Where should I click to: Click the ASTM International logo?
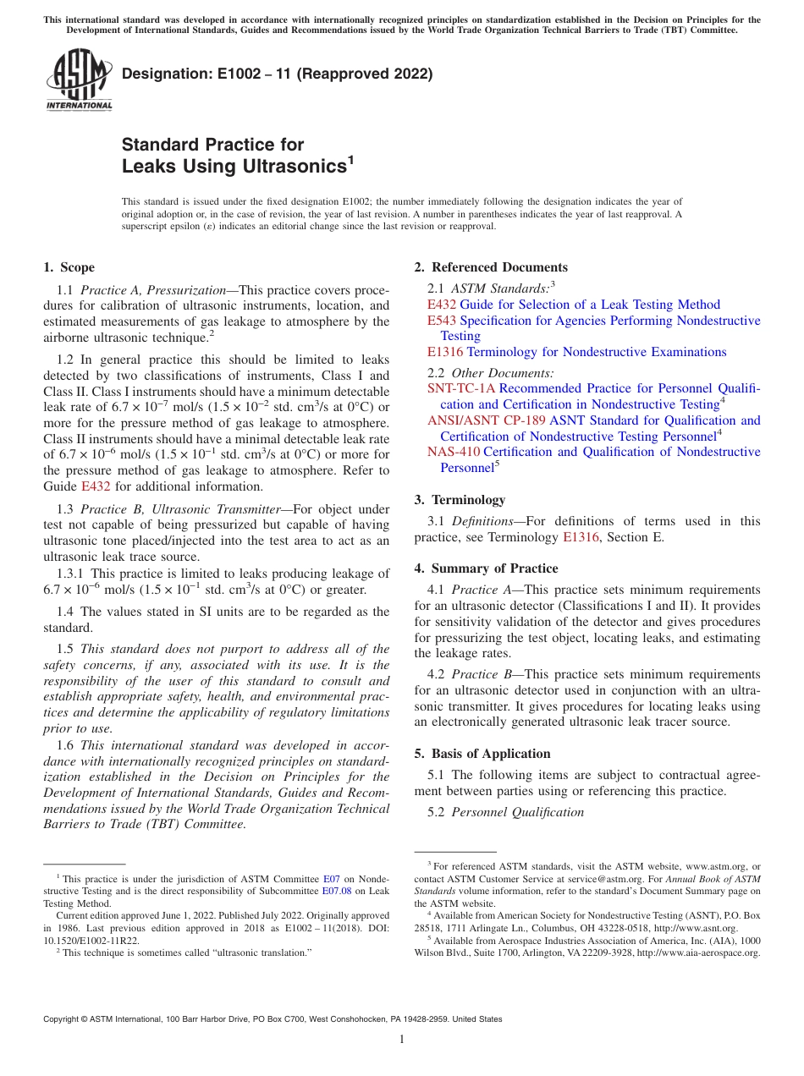[78, 82]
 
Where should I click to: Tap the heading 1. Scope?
[69, 267]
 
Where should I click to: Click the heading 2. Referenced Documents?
[490, 267]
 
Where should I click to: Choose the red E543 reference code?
[442, 321]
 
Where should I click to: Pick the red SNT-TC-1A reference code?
[461, 388]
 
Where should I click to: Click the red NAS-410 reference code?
[454, 452]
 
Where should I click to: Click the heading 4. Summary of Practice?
[486, 568]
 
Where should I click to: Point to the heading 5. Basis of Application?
[482, 753]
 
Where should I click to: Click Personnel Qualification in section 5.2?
[517, 812]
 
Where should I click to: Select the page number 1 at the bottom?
[402, 1040]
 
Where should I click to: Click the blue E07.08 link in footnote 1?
[336, 891]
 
